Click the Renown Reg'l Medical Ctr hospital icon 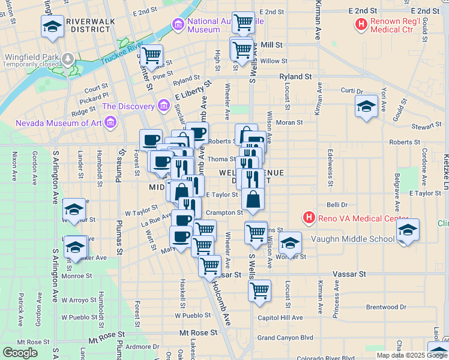pos(361,25)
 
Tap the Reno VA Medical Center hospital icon pos(309,217)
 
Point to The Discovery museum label pos(128,106)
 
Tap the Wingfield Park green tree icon pos(68,58)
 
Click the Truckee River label pos(121,52)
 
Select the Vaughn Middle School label pos(352,239)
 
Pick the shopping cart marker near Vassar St pos(210,265)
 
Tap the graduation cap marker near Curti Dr pos(366,106)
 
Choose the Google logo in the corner pos(20,353)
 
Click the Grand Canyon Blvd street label pos(286,338)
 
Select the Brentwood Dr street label pos(386,307)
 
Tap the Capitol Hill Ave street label pos(280,317)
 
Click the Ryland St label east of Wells pos(295,77)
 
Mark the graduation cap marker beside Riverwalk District pos(52,26)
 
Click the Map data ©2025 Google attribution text pos(411,355)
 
